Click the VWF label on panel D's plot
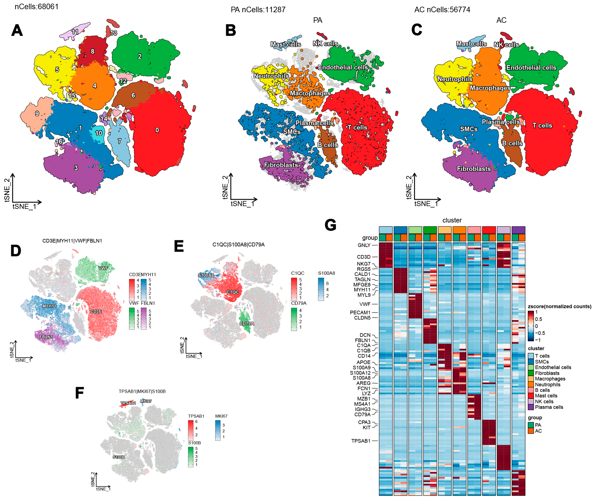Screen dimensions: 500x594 tap(103, 268)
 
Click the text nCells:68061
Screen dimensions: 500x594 tap(37, 6)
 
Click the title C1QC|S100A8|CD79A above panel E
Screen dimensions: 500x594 tap(238, 244)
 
